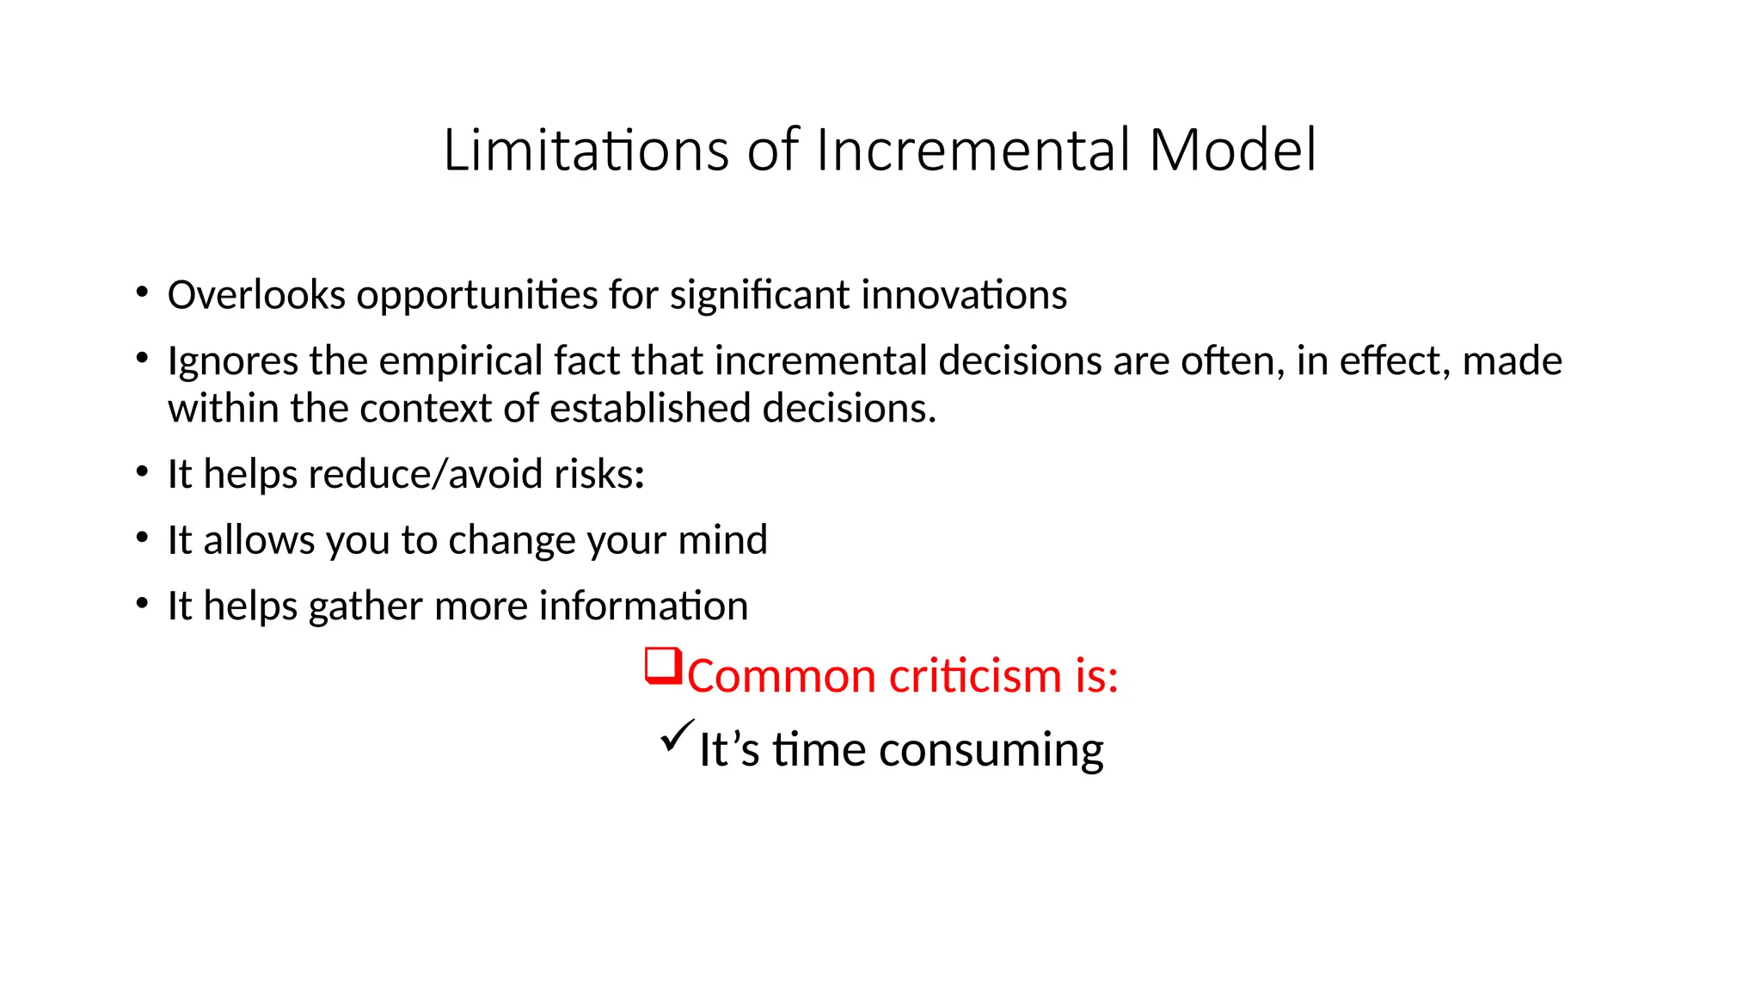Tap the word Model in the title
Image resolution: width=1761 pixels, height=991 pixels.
coord(1231,151)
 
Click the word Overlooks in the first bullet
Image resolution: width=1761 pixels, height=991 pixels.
coord(256,295)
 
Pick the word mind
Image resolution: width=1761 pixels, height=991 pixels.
coord(722,540)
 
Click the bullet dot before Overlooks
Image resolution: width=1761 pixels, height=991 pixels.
coord(142,293)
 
